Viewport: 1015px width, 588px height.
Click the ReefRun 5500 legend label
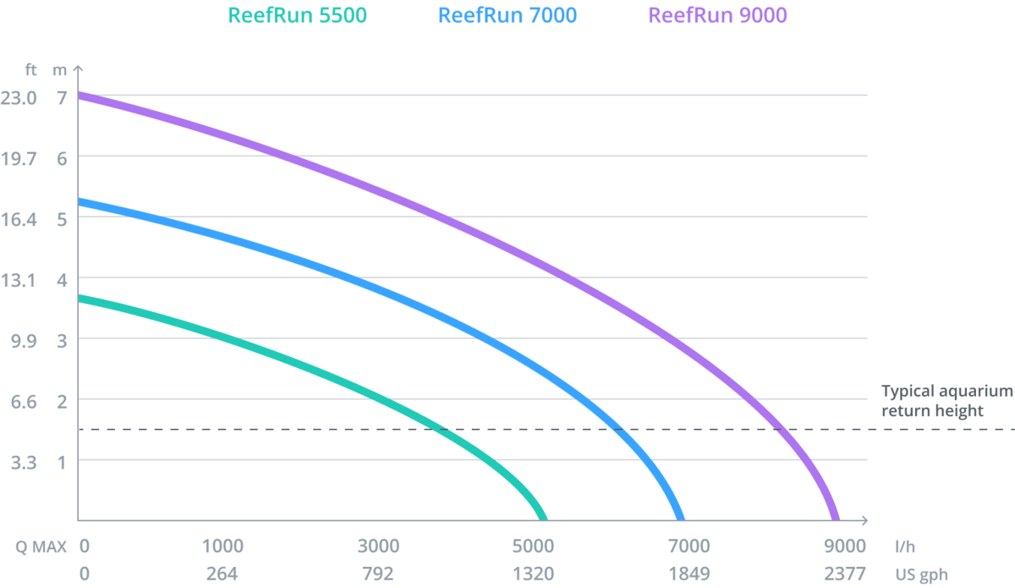tap(298, 15)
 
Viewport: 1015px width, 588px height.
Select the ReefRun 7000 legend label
tap(507, 15)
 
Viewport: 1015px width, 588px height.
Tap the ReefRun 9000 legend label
tap(717, 15)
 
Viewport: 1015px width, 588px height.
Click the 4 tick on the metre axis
tap(61, 280)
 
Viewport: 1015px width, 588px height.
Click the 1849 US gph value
tap(689, 574)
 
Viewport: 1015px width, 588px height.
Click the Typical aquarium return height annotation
tap(946, 401)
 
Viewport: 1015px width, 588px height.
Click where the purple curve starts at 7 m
tap(80, 96)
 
